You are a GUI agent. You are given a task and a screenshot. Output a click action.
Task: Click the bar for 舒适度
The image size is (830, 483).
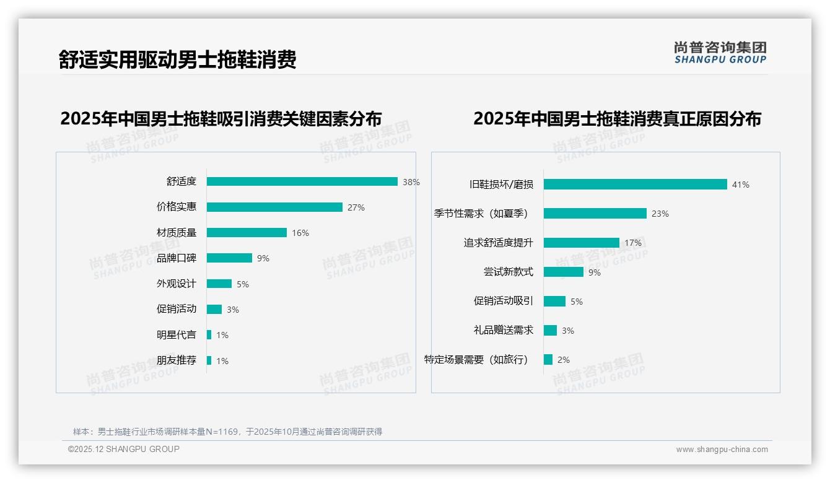[302, 181]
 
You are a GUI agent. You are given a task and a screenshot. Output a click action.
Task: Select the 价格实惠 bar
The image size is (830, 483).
[274, 207]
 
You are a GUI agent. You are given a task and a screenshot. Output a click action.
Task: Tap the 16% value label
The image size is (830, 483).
[300, 233]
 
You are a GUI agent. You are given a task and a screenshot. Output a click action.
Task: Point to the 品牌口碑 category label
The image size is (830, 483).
[176, 258]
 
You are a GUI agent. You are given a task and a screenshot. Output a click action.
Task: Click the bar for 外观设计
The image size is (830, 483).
[219, 284]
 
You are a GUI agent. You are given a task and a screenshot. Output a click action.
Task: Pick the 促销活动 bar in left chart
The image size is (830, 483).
[214, 309]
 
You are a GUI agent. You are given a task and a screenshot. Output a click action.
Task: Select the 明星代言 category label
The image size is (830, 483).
[176, 335]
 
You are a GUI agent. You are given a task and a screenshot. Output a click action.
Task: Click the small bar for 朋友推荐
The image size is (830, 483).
[209, 360]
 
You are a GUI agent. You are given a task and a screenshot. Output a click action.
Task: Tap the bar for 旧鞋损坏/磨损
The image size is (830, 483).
[635, 185]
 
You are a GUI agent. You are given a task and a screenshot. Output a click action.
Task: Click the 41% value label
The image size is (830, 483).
[741, 185]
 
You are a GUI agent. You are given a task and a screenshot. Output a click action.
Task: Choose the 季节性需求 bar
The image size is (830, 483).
[595, 214]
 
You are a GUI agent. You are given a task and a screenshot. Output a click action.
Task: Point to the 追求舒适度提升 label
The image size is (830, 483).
[498, 243]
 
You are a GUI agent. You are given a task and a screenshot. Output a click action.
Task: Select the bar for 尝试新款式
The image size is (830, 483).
[564, 272]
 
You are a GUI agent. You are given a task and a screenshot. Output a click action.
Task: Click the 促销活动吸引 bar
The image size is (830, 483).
[554, 301]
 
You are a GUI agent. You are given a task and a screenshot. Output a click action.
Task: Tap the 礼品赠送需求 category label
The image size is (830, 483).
[503, 330]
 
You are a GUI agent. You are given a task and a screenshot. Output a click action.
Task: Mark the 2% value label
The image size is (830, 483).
[563, 360]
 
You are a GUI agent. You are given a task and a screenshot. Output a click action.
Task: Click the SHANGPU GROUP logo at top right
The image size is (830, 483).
[720, 53]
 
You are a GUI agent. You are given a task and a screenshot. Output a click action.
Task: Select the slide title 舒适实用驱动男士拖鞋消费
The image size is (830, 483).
[178, 59]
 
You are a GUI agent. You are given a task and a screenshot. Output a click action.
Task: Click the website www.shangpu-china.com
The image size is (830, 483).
[722, 450]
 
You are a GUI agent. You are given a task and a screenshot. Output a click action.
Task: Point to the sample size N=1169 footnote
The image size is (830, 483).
[227, 432]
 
